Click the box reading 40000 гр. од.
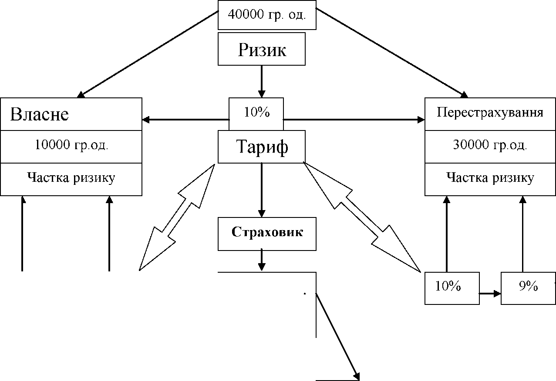point(267,15)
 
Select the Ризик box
point(262,50)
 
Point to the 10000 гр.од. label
point(71,146)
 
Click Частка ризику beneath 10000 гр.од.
point(71,178)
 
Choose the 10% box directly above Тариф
point(256,113)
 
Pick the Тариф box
point(262,147)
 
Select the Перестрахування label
point(490,113)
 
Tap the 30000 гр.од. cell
point(490,146)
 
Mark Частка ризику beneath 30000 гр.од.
point(490,178)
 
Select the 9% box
point(528,287)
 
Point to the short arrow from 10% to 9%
point(490,294)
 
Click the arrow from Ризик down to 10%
point(262,81)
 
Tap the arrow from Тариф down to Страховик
point(262,190)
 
